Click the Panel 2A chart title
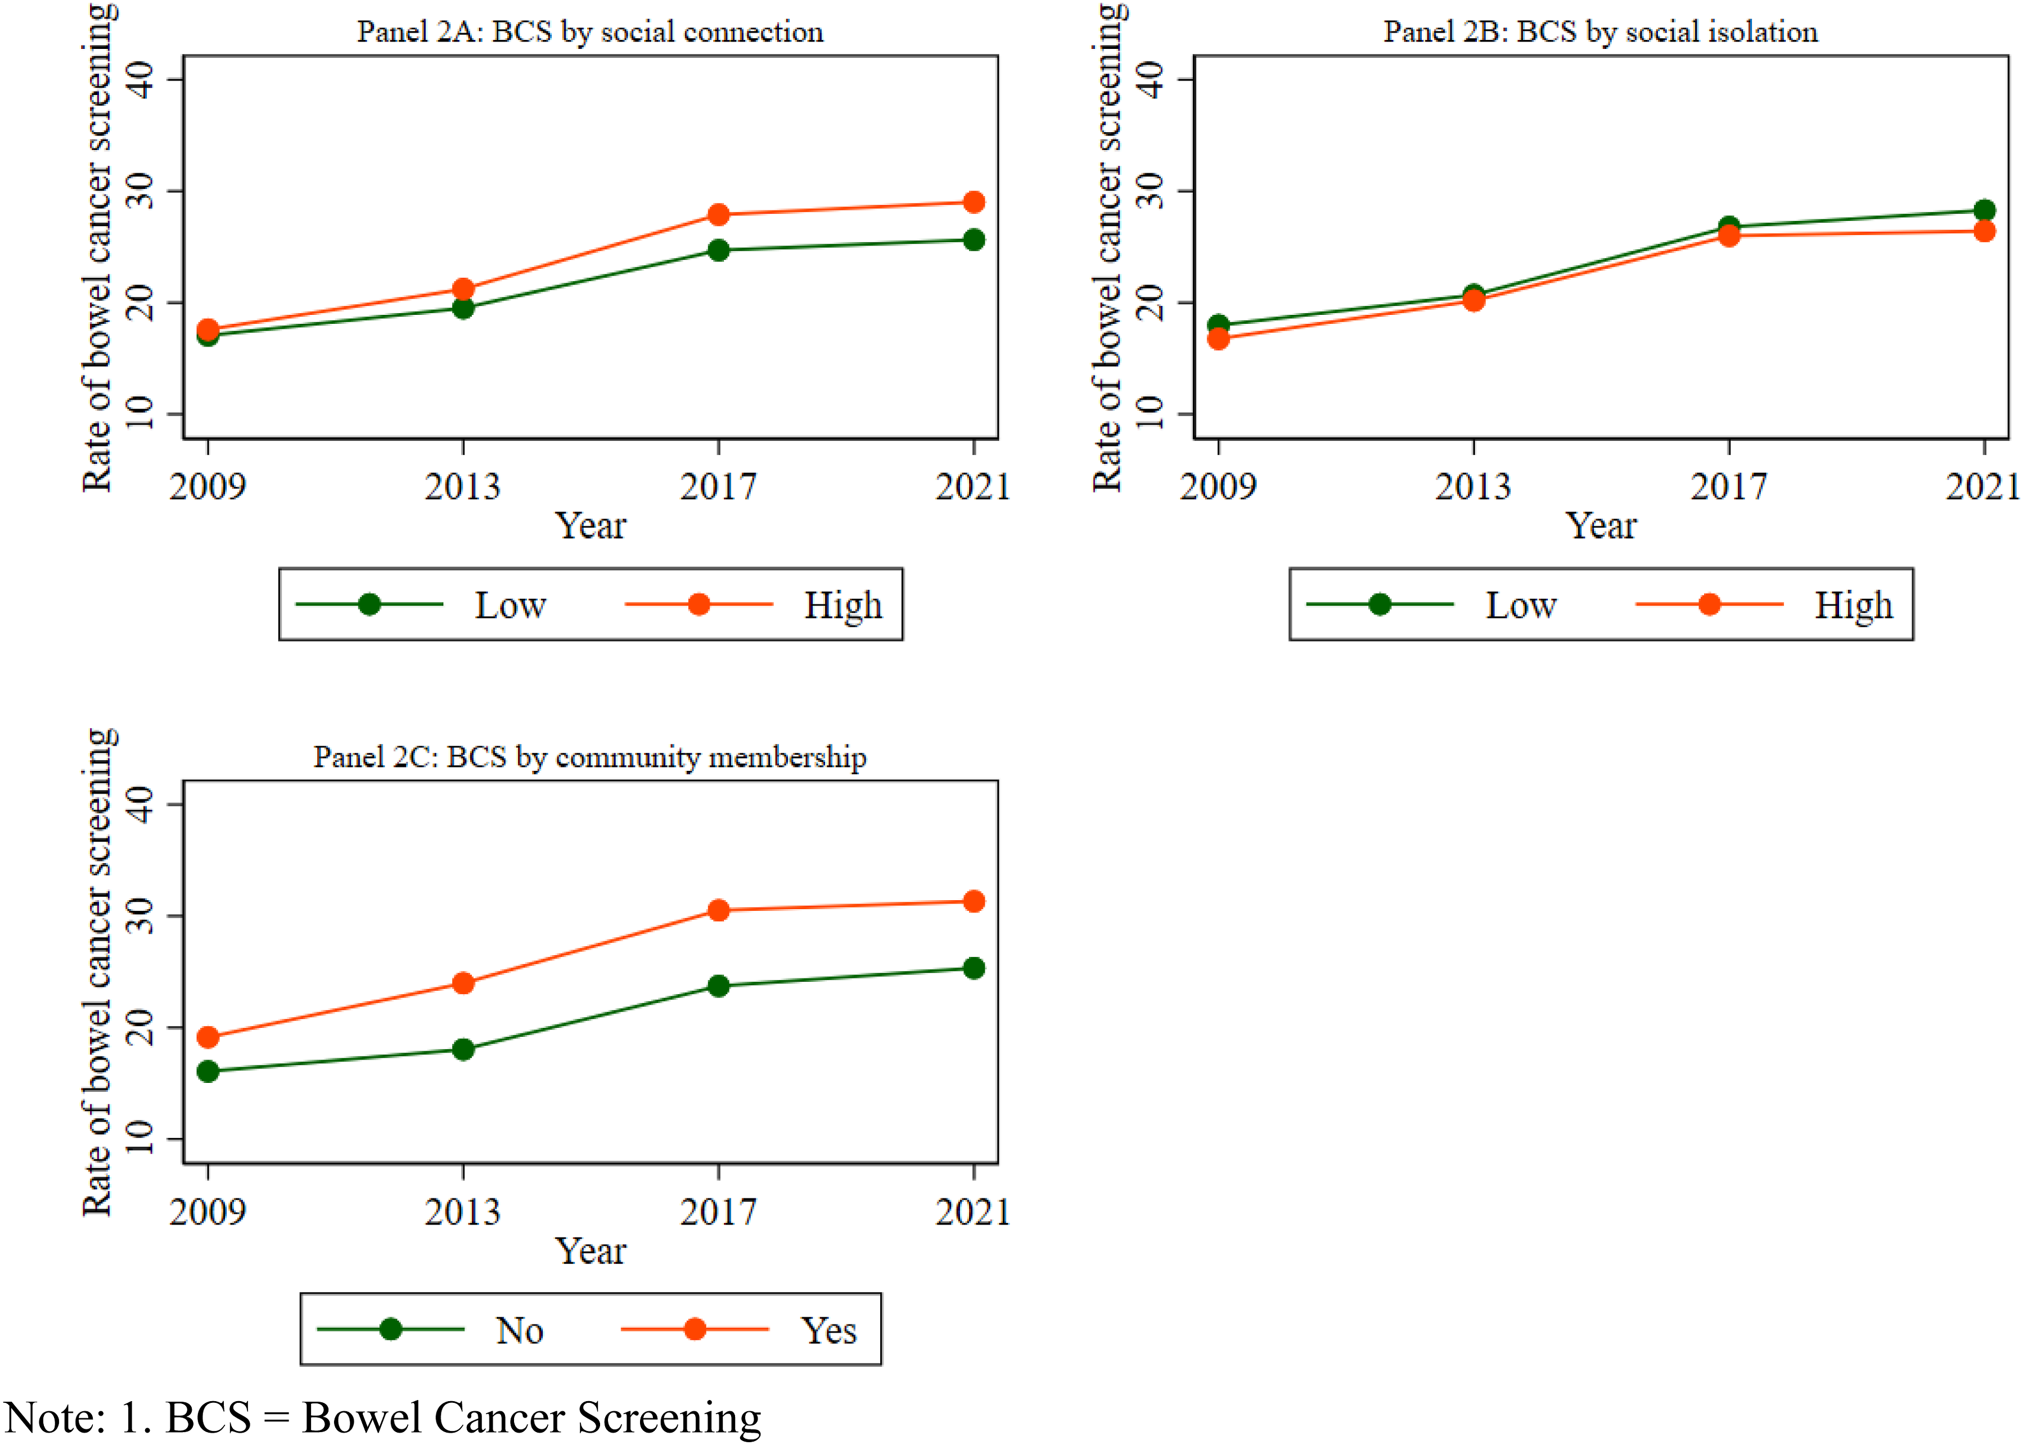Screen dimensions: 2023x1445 (x=590, y=32)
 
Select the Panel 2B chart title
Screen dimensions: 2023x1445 (x=1600, y=32)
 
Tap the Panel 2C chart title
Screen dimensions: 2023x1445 (x=590, y=757)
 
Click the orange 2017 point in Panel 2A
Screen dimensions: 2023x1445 (x=718, y=214)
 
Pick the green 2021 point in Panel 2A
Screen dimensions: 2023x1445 (x=974, y=240)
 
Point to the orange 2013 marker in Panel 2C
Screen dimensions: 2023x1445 (x=463, y=983)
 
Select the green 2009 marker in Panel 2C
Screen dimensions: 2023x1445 (x=208, y=1071)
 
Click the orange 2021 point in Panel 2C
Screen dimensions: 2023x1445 (x=974, y=901)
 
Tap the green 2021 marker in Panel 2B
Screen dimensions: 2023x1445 (x=1984, y=210)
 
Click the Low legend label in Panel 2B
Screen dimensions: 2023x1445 (x=1521, y=605)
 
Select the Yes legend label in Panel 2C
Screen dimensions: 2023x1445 (x=828, y=1331)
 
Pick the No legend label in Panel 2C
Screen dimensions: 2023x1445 (x=520, y=1331)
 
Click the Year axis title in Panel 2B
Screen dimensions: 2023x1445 (x=1600, y=526)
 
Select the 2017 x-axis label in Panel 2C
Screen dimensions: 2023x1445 (x=718, y=1212)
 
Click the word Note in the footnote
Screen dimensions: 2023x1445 (x=55, y=1417)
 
